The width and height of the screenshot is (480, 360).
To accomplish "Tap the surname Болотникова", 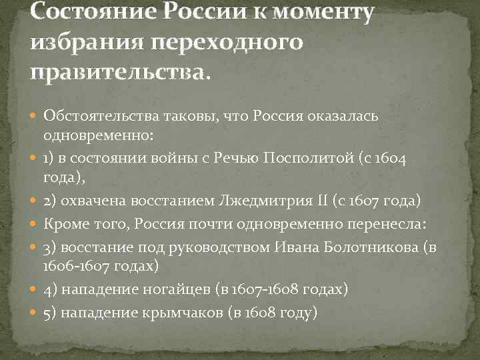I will click(x=366, y=247).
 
